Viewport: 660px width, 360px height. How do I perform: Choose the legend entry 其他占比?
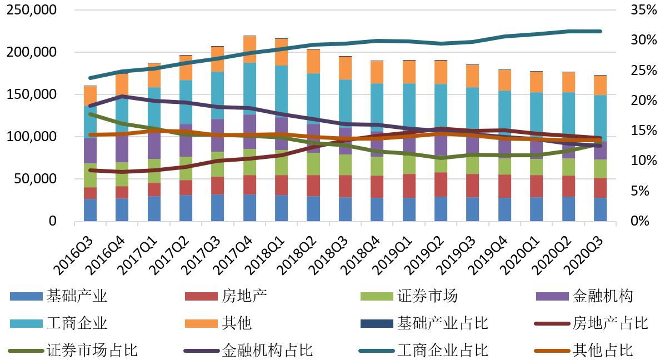(x=602, y=350)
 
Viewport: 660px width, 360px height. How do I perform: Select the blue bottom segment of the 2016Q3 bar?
(x=90, y=210)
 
